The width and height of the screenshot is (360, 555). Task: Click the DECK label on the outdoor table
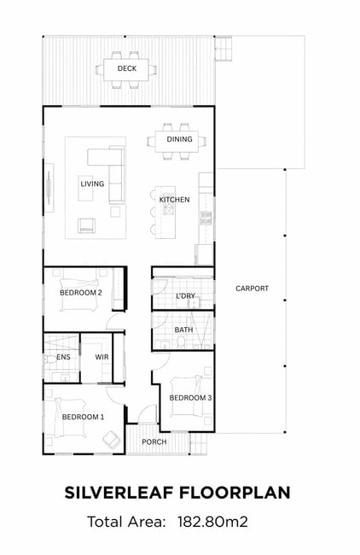(127, 68)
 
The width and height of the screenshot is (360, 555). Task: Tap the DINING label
(180, 139)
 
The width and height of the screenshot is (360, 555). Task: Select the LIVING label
(92, 184)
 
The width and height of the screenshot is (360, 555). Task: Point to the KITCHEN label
(174, 200)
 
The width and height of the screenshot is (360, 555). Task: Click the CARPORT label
(253, 289)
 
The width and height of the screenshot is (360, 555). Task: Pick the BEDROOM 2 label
(81, 293)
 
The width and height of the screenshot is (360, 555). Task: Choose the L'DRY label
(186, 296)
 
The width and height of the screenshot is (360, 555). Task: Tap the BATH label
(184, 330)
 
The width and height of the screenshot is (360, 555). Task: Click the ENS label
(63, 357)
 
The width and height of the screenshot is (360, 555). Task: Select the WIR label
(102, 357)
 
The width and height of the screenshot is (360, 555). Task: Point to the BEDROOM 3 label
(190, 398)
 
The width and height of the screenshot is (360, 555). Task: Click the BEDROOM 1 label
(83, 417)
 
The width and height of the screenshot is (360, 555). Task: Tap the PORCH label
(154, 441)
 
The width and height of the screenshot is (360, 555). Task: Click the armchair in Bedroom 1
(112, 439)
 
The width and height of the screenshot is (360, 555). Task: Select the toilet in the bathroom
(181, 342)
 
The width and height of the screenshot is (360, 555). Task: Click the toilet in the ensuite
(49, 359)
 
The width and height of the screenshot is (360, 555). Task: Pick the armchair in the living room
(87, 225)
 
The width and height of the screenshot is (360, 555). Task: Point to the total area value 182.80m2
(212, 522)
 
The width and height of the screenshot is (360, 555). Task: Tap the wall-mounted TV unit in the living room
(49, 188)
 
